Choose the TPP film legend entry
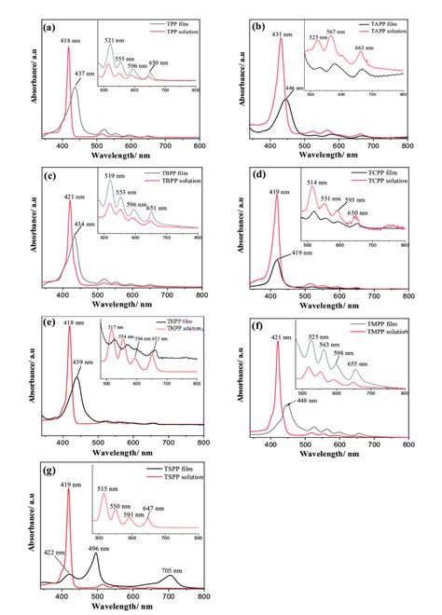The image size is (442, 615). pos(167,20)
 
